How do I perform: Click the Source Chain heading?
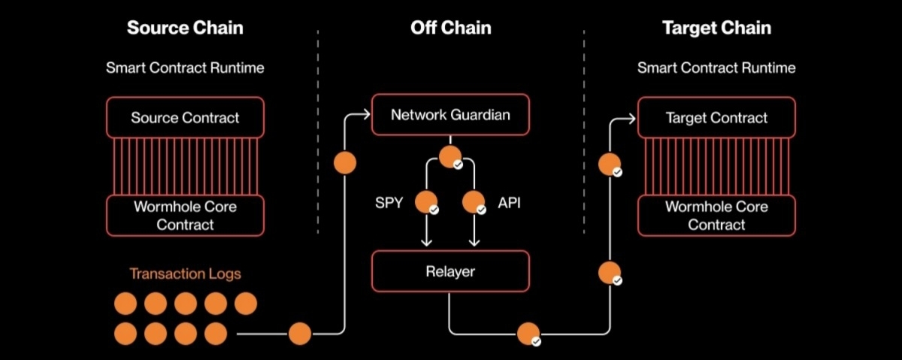185,28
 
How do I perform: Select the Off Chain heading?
450,28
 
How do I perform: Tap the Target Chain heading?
717,28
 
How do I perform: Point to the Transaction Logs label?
185,274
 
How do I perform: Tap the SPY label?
389,203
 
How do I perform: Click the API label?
509,203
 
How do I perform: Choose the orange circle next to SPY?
426,202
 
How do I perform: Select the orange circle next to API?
474,202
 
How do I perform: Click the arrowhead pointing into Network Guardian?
366,115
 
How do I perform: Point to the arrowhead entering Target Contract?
631,119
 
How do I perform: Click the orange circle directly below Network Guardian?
450,157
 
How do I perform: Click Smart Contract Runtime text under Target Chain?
716,68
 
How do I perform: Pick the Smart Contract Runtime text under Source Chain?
185,68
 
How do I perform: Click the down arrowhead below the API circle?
474,242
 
